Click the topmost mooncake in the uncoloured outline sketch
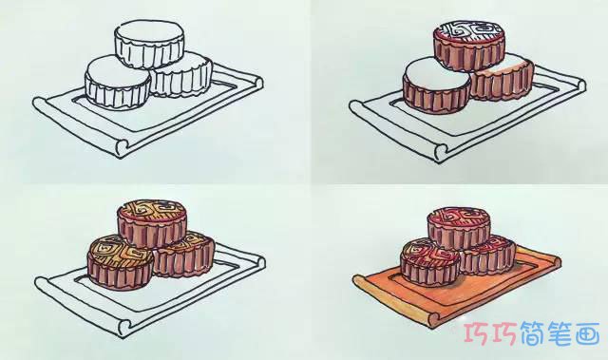pos(149,45)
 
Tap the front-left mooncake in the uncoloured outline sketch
pos(118,82)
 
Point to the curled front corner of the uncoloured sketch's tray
pos(123,148)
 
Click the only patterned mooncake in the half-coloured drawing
pos(469,46)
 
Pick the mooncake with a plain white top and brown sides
pos(436,85)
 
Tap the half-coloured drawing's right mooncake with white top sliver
pos(503,80)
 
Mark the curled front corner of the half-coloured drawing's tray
pos(440,152)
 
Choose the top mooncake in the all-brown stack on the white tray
pos(152,224)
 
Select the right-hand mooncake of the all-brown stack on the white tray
pos(184,255)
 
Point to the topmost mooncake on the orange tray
pos(459,229)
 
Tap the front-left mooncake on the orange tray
pos(430,263)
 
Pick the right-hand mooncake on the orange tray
pos(488,256)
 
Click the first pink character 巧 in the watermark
pos(477,333)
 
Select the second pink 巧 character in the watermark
pos(504,333)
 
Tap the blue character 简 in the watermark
pos(533,333)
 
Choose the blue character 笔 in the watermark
pos(560,333)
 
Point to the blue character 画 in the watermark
pos(587,333)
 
